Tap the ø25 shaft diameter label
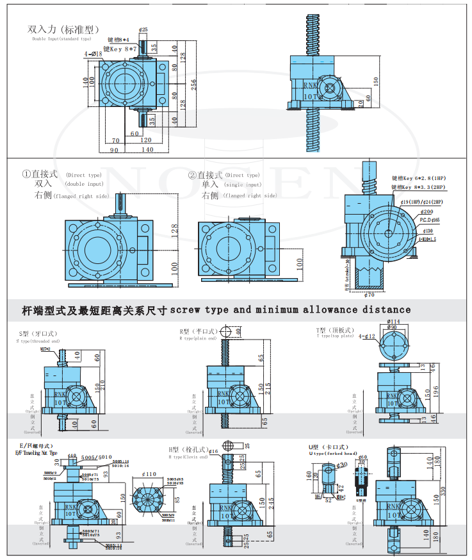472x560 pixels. pos(143,29)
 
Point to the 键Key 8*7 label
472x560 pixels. pos(124,48)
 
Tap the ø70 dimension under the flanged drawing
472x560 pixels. pos(368,295)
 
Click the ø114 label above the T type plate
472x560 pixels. pos(394,322)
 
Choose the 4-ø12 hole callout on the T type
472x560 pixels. pos(367,336)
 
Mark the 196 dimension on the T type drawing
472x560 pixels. pos(435,390)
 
